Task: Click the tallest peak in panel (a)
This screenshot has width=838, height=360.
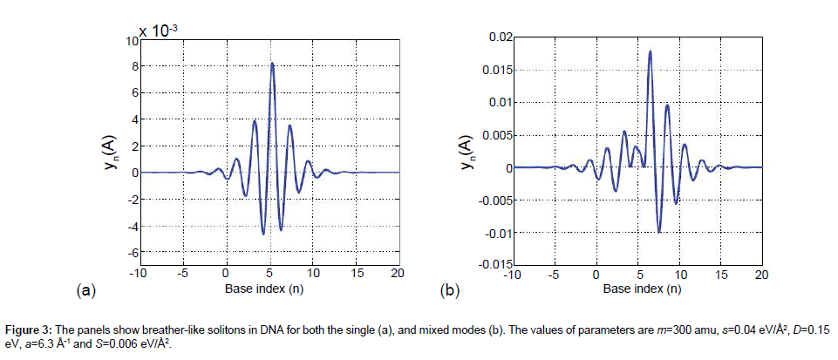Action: (x=272, y=64)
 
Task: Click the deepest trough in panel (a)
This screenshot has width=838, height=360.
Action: (x=263, y=234)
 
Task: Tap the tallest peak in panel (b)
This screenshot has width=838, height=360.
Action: (x=650, y=51)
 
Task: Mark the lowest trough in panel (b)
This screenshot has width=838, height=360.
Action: (x=659, y=231)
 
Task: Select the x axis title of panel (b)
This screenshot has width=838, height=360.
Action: (x=636, y=288)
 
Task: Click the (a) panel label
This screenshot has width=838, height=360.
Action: (x=85, y=289)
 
